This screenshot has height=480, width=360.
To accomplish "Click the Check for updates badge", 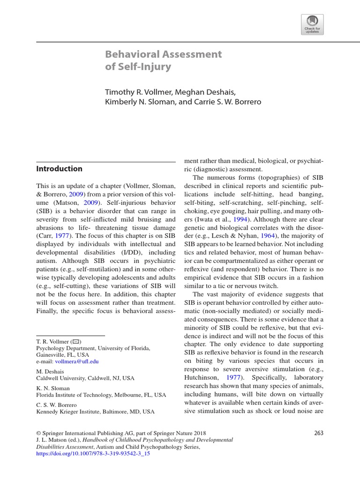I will (312, 24).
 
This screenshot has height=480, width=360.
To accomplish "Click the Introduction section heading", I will (59, 169).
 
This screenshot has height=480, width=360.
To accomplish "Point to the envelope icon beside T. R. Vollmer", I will (75, 342).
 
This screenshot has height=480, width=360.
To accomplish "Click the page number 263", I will (319, 433).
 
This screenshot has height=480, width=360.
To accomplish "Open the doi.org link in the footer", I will (93, 454).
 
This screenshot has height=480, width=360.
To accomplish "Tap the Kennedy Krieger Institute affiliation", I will (95, 412).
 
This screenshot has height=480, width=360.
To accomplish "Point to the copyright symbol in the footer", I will (38, 433).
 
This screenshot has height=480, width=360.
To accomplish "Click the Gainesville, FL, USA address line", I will (62, 355).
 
